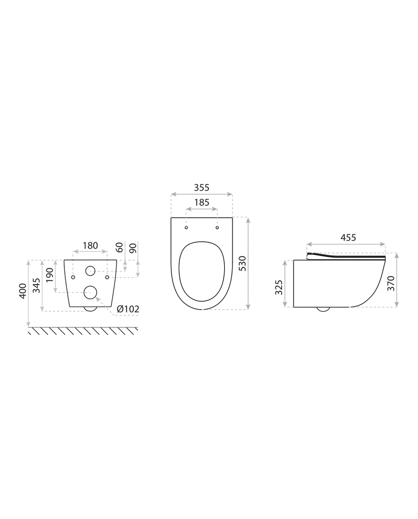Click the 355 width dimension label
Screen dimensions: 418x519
[201, 187]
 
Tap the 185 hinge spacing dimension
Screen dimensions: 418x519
[201, 202]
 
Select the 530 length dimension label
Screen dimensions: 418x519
[243, 264]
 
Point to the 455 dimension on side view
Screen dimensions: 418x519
[348, 238]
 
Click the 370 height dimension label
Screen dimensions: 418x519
[391, 283]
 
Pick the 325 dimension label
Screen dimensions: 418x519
[279, 287]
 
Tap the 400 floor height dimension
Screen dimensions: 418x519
[22, 291]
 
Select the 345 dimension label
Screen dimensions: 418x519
[36, 285]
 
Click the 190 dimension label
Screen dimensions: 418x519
[50, 275]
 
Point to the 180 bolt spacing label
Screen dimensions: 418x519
[90, 245]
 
